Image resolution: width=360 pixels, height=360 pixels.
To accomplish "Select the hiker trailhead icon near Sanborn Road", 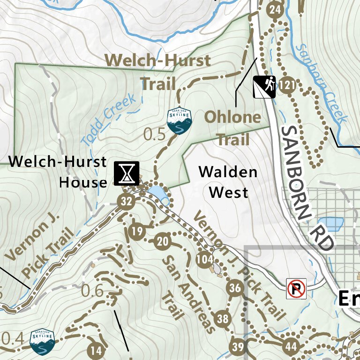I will click(x=265, y=87).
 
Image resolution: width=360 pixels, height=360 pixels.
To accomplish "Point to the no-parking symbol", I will click(x=297, y=288).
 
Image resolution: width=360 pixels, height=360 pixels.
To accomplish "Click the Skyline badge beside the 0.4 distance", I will click(x=42, y=342).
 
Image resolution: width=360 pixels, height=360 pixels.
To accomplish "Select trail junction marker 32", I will click(x=126, y=202).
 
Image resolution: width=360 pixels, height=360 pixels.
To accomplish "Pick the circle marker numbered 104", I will click(x=205, y=259).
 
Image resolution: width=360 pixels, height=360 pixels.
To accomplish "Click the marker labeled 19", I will click(x=137, y=232).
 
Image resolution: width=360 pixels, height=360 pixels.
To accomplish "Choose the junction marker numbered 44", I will click(x=291, y=347).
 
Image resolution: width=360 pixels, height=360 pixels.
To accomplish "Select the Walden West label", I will click(x=228, y=182).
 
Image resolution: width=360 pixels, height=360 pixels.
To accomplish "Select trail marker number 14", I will click(x=96, y=350).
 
